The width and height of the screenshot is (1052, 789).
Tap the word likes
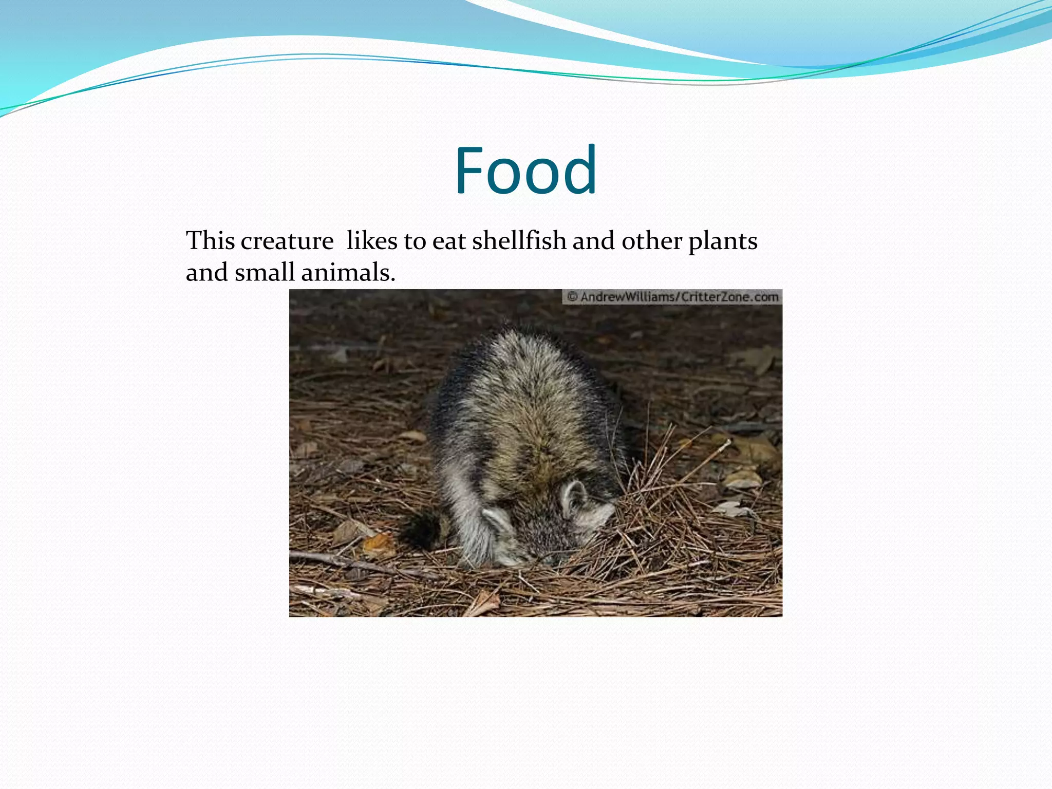(x=371, y=240)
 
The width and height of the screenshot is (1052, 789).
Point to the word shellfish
(x=519, y=240)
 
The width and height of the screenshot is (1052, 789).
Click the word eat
(x=449, y=241)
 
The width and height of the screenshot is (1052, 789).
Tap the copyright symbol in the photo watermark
(x=572, y=297)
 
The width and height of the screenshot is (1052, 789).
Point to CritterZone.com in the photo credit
(x=729, y=297)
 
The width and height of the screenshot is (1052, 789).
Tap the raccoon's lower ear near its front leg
(x=497, y=521)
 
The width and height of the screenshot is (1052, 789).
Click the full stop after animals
(x=393, y=280)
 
